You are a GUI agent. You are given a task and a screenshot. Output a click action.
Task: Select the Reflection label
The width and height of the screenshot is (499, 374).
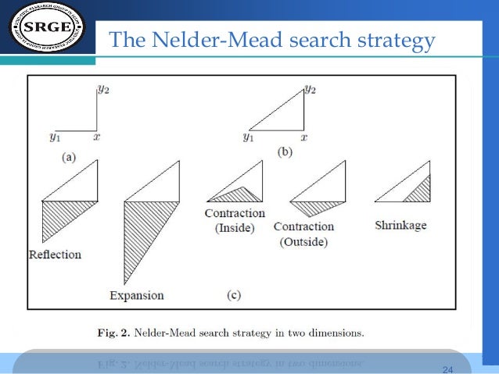pyautogui.click(x=55, y=255)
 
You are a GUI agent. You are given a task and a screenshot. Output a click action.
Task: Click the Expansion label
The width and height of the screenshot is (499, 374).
pyautogui.click(x=137, y=295)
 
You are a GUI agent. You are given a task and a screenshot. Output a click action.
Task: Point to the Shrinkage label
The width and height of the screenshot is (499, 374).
pyautogui.click(x=401, y=225)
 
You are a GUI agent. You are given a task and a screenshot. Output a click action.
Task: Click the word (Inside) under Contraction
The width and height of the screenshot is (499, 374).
pyautogui.click(x=235, y=227)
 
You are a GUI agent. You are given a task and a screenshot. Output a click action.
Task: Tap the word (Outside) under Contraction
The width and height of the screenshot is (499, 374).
pyautogui.click(x=303, y=241)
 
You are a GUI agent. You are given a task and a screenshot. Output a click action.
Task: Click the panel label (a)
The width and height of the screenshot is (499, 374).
pyautogui.click(x=68, y=156)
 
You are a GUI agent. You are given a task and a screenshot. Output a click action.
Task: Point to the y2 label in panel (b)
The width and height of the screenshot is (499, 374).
pyautogui.click(x=311, y=90)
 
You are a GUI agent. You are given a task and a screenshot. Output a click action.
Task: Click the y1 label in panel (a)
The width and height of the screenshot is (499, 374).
pyautogui.click(x=55, y=137)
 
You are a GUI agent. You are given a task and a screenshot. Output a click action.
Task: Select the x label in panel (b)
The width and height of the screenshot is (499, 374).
pyautogui.click(x=304, y=137)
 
